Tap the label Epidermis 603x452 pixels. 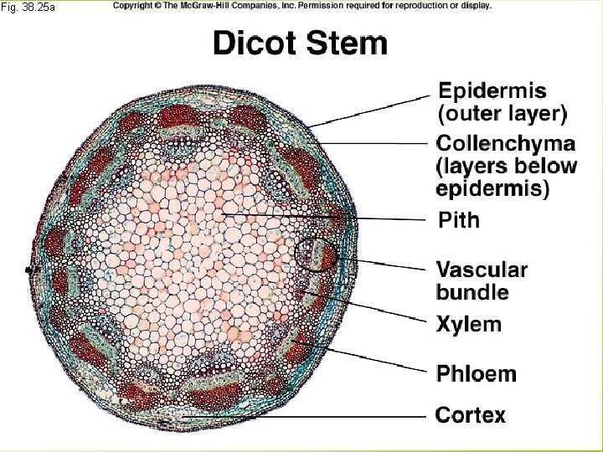pyautogui.click(x=492, y=90)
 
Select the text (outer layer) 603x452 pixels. pyautogui.click(x=502, y=111)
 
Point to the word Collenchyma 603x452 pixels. pyautogui.click(x=506, y=143)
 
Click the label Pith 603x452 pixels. pyautogui.click(x=460, y=220)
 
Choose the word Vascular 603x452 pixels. pyautogui.click(x=482, y=270)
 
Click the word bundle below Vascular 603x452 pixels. pyautogui.click(x=472, y=292)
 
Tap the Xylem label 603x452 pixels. pyautogui.click(x=469, y=324)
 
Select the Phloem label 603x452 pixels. pyautogui.click(x=477, y=373)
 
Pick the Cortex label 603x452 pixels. pyautogui.click(x=471, y=414)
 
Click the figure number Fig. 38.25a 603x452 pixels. pyautogui.click(x=28, y=8)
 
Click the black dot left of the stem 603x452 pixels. pyautogui.click(x=29, y=270)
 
